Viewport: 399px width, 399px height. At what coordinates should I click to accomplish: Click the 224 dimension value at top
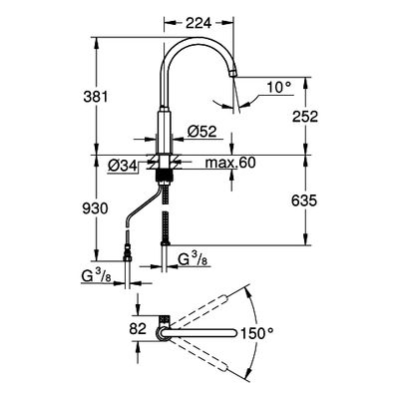coord(199,23)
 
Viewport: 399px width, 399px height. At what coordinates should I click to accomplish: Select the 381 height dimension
coord(96,97)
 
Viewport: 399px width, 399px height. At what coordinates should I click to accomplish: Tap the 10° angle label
coord(279,88)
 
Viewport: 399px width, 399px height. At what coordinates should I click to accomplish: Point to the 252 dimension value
coord(305,117)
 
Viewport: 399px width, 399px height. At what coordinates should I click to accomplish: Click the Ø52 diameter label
coord(201,132)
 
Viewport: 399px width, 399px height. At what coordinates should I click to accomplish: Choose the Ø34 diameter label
coord(123,165)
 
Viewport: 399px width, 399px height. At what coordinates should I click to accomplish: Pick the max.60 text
coord(230,163)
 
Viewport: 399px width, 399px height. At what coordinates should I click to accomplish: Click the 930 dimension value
coord(96,208)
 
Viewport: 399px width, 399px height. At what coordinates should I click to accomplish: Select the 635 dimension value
coord(304,200)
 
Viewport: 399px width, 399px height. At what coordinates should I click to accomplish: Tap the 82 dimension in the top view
coord(138,329)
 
